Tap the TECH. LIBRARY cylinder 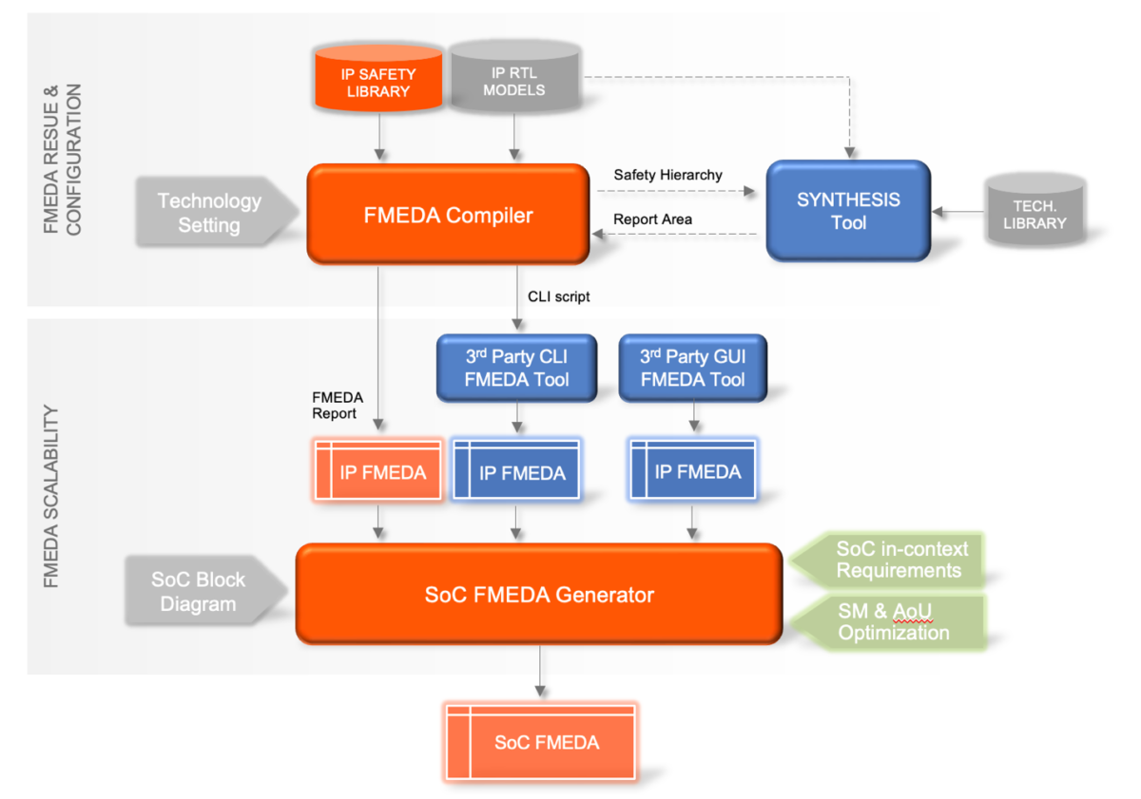(1035, 213)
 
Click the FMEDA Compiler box (448, 215)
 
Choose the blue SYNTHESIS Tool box (847, 211)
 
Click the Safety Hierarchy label (667, 175)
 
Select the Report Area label (652, 219)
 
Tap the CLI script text (558, 296)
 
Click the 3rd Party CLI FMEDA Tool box (516, 368)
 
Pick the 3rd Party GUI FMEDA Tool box (692, 368)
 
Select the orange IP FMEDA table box (378, 471)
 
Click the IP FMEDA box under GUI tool (692, 471)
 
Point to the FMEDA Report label (334, 406)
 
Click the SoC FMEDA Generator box (538, 596)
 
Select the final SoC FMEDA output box (540, 742)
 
